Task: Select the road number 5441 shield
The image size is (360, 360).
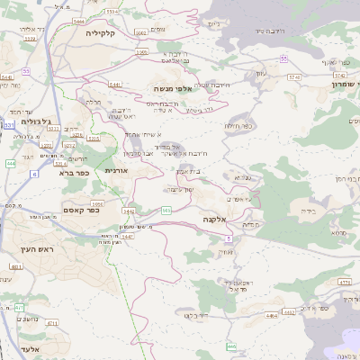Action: tap(114, 84)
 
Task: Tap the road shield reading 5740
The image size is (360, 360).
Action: tap(293, 77)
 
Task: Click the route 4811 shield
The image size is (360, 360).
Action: tap(16, 267)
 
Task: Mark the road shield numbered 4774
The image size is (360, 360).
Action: tap(344, 283)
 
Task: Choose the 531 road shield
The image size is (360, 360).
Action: tap(9, 125)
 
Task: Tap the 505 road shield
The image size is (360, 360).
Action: tap(166, 210)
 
